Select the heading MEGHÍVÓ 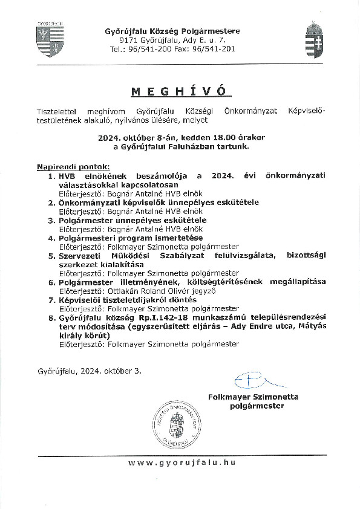point(181,91)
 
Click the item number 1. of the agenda point(52,175)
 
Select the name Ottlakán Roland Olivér point(141,291)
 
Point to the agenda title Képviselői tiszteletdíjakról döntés point(128,300)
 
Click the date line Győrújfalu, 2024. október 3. point(89,371)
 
